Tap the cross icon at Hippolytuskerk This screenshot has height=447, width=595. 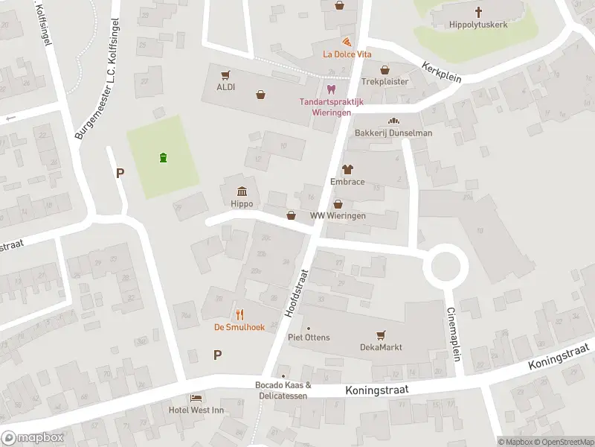(x=478, y=12)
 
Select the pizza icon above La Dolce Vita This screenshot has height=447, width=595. (x=347, y=41)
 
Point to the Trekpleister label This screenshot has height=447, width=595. (x=385, y=81)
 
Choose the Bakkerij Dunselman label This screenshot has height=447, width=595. (x=393, y=133)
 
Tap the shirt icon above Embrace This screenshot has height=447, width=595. (x=347, y=170)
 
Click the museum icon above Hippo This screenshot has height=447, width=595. (x=242, y=191)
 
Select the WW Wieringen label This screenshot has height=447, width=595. (x=338, y=215)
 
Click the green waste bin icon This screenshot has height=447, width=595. (x=163, y=157)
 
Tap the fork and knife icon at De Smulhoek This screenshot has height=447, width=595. (x=240, y=314)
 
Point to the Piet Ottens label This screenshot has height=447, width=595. (x=309, y=337)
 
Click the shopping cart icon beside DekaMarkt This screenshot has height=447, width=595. (x=382, y=335)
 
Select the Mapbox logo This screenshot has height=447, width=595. (x=33, y=438)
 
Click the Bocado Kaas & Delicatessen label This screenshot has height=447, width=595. (x=283, y=390)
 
